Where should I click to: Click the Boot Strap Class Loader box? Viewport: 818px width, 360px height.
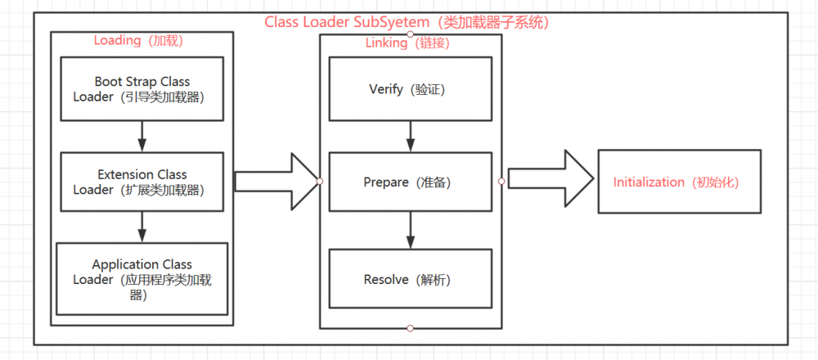point(142,88)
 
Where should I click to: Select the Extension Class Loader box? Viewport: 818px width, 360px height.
point(142,182)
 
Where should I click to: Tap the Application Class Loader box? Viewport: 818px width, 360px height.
point(142,278)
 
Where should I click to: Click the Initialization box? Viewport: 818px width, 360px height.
point(679,182)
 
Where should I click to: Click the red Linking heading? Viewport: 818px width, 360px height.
point(402,43)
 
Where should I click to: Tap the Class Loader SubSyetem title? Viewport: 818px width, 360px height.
point(407,22)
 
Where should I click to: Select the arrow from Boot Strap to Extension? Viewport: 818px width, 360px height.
point(142,136)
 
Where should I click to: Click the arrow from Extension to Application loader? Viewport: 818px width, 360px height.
point(142,227)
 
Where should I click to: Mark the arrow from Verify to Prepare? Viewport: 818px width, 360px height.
point(410,136)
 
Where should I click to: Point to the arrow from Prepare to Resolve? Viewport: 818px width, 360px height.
point(410,232)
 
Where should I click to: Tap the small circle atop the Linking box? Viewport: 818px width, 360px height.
point(410,34)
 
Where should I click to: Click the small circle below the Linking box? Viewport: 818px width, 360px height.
point(410,328)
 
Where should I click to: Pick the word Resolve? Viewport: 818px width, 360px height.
point(386,280)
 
